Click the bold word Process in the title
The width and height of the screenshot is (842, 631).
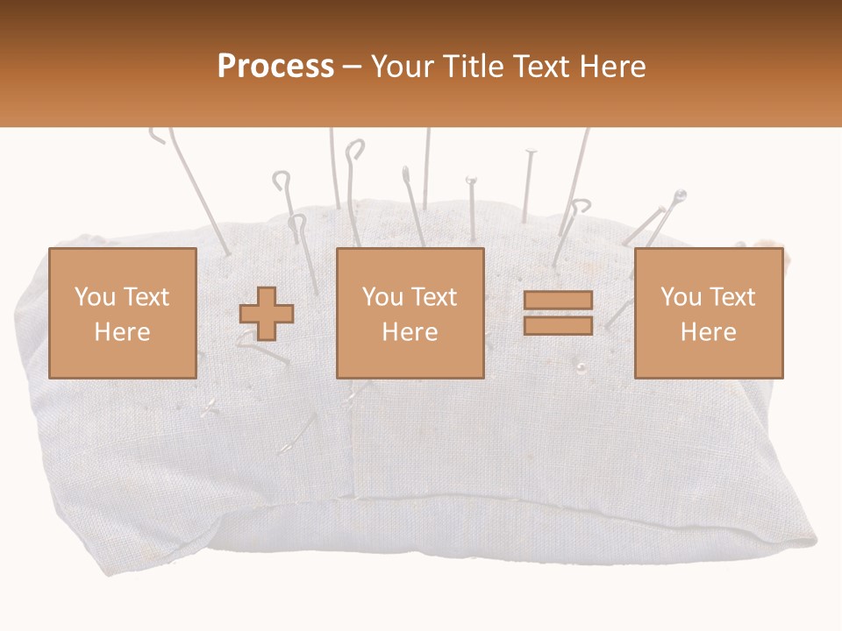pos(275,67)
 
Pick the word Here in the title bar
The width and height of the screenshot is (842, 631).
pos(615,67)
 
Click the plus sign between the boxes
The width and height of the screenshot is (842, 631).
pos(267,314)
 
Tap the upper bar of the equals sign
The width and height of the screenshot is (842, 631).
pos(558,301)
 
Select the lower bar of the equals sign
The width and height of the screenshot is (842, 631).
pos(558,325)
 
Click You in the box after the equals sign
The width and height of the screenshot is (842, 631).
pos(681,297)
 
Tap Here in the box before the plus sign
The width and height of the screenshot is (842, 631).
pos(122,332)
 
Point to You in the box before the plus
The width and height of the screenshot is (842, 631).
pos(94,297)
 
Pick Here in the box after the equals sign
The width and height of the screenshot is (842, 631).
pos(708,332)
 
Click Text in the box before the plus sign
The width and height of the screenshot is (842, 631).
pos(146,297)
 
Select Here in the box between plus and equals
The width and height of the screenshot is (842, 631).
pos(410,332)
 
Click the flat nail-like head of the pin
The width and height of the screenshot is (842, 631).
pos(530,152)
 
